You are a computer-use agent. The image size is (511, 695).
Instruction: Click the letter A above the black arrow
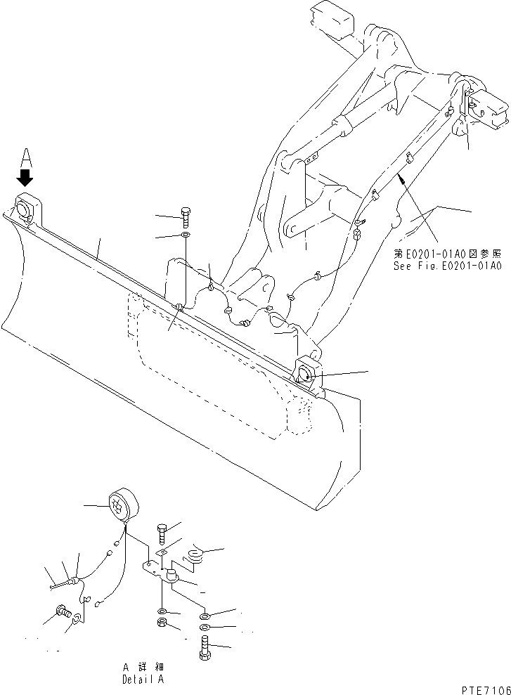[x=26, y=156]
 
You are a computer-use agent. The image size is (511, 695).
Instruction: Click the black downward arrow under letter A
[x=26, y=176]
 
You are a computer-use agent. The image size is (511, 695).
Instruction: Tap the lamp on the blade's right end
[x=306, y=371]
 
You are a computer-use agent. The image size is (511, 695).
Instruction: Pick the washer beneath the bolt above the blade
[x=185, y=234]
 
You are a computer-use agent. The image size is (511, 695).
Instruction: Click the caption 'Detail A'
[x=143, y=680]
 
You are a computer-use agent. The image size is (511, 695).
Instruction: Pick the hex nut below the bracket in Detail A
[x=162, y=623]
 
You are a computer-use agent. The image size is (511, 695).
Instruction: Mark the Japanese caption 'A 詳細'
[x=143, y=667]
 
